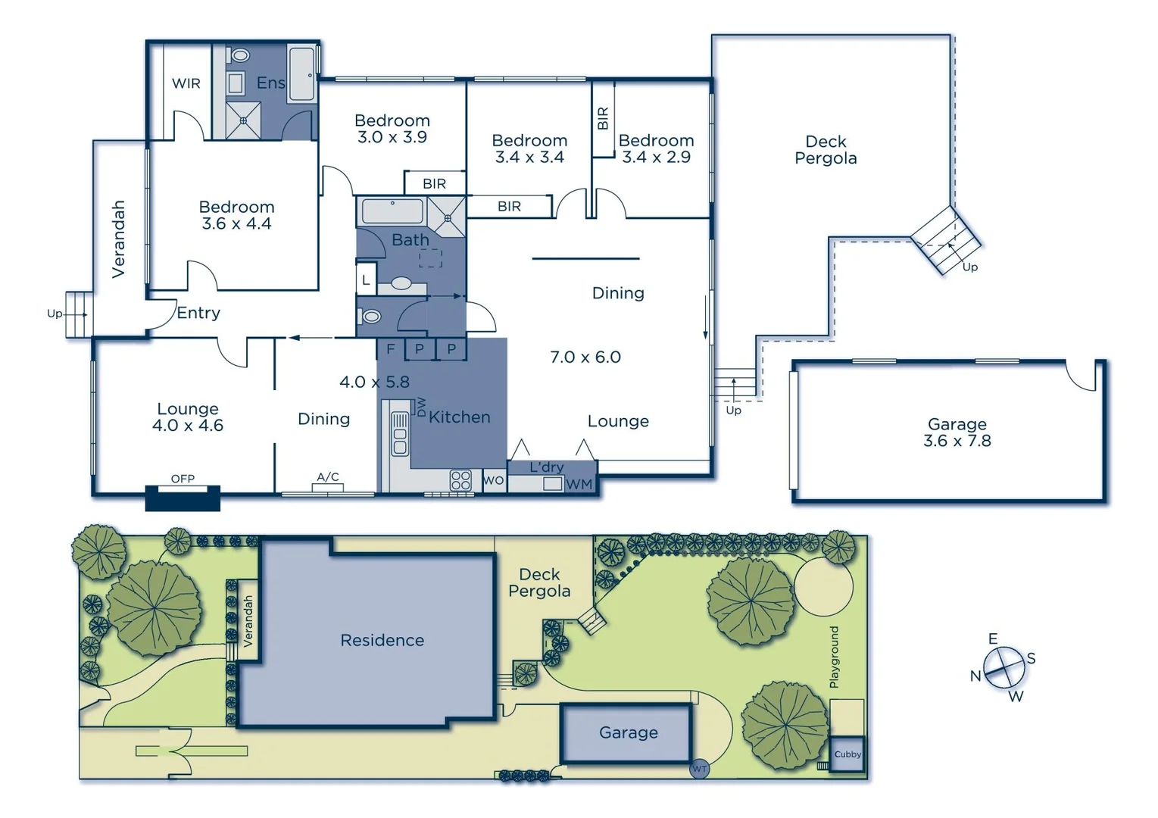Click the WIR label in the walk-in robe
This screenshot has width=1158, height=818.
[186, 83]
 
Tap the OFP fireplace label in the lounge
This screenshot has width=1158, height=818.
[183, 479]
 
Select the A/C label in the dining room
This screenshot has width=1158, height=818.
[328, 476]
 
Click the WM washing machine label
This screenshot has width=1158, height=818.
[579, 484]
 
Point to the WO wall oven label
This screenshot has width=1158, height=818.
[493, 480]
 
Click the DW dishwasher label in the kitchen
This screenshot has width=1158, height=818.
[421, 406]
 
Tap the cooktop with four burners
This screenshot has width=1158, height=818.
[460, 480]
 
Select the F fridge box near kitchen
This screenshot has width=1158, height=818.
[391, 349]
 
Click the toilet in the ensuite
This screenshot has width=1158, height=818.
[240, 55]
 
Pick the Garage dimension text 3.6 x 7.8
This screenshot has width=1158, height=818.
[957, 441]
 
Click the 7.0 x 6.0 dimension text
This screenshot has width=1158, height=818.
[585, 357]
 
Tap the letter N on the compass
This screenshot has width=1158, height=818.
[975, 676]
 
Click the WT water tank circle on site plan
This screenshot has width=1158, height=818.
[699, 769]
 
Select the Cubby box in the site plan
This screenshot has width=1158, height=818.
[847, 754]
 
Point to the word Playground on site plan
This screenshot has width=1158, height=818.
[834, 657]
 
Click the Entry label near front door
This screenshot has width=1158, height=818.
[198, 313]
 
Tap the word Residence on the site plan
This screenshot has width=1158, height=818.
[382, 641]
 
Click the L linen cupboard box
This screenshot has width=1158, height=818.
[366, 280]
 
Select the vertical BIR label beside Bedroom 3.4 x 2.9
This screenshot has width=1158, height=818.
[603, 118]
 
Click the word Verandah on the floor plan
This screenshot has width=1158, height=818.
[119, 239]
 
